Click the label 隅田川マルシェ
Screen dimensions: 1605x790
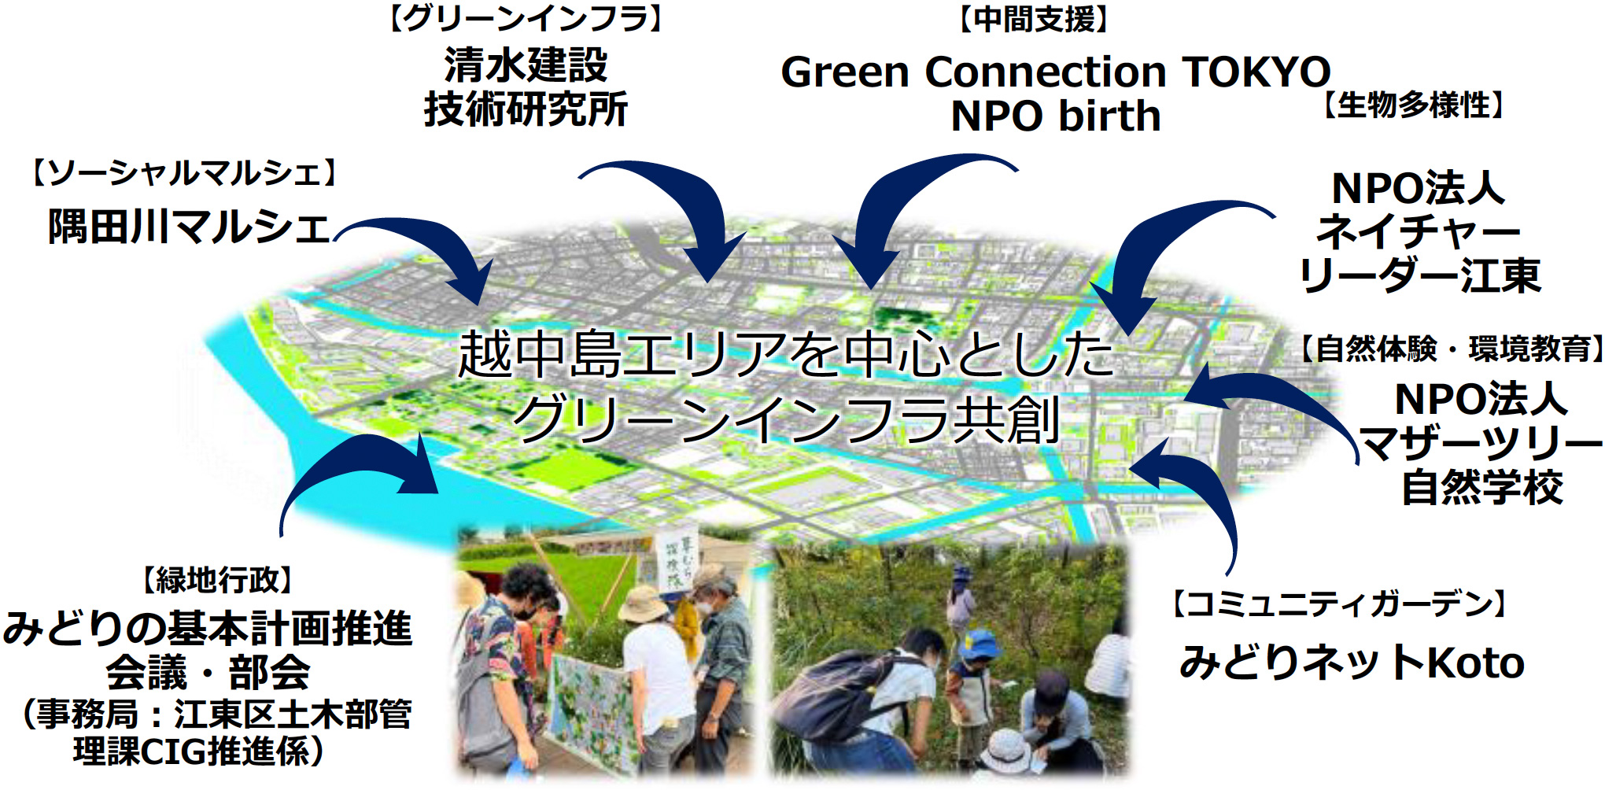188,227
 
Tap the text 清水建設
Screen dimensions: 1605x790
526,65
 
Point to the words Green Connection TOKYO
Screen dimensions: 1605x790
1055,72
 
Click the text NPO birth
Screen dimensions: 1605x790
1056,116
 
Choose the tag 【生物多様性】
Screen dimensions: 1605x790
1414,105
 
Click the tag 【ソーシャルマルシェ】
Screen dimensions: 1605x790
184,172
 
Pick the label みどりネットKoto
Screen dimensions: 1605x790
1352,663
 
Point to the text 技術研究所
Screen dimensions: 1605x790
526,109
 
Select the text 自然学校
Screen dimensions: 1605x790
1482,488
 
